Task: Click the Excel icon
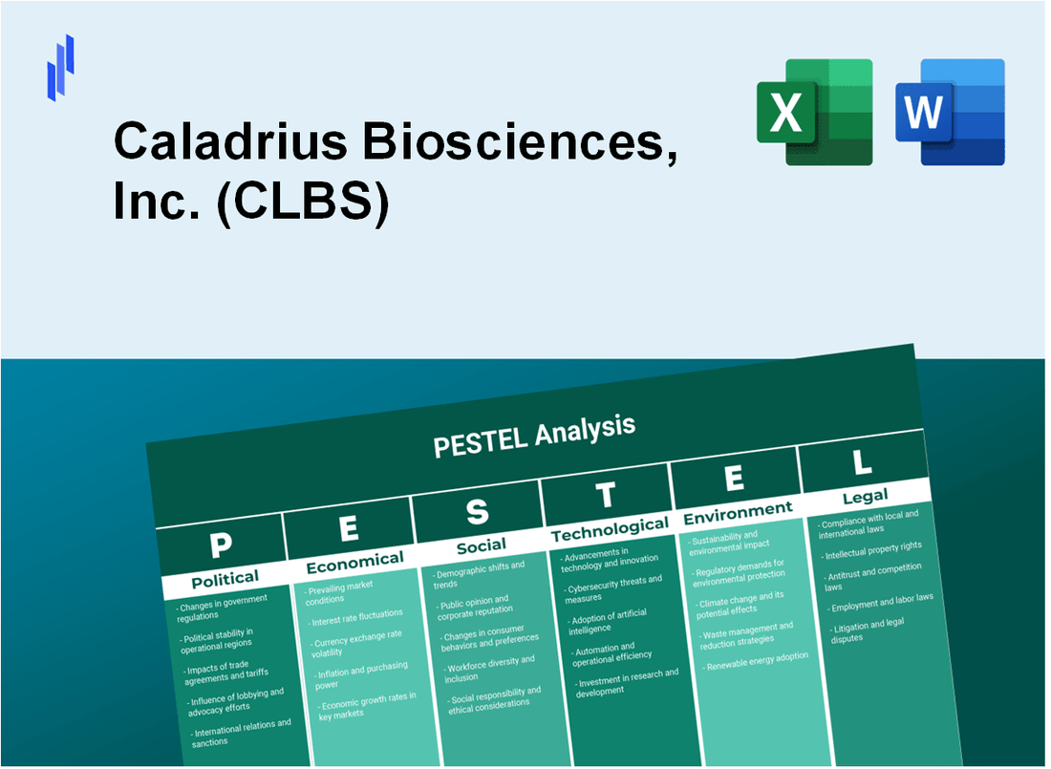click(x=814, y=112)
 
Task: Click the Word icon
click(x=950, y=112)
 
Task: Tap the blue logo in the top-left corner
click(x=60, y=67)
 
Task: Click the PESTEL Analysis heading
click(x=534, y=436)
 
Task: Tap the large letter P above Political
click(x=221, y=545)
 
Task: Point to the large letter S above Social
click(x=476, y=513)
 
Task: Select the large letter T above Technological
click(x=606, y=495)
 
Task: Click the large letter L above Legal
click(x=862, y=462)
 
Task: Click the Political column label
click(x=225, y=579)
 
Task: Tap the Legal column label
click(x=865, y=496)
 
